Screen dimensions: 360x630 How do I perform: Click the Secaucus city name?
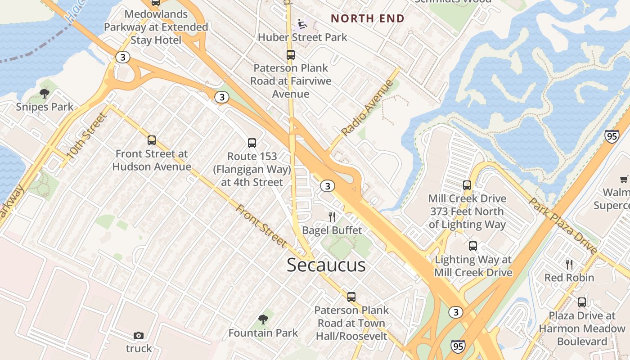pos(326,265)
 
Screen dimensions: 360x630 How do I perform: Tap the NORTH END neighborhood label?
pos(368,18)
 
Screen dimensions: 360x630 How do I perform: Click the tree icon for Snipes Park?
pos(44,94)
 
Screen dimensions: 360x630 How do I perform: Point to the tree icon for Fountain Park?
pos(263,319)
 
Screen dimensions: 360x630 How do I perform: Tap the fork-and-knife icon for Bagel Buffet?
pos(332,217)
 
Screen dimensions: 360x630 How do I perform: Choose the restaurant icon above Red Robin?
pos(569,264)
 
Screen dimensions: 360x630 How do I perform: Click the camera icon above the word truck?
pos(139,335)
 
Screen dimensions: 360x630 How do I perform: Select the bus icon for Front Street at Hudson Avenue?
pos(152,140)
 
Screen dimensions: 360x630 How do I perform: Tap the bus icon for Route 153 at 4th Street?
pos(252,143)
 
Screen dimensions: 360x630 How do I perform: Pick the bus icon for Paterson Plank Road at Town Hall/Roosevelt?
pos(351,297)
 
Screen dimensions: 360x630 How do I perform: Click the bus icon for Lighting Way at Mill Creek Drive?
pos(473,246)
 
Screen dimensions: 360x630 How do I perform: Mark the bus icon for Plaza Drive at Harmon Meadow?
pos(582,302)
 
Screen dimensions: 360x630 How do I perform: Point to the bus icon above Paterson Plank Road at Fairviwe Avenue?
pos(291,55)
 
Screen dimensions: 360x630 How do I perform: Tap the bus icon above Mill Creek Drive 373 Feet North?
pos(467,185)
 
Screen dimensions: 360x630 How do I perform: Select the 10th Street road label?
pos(86,136)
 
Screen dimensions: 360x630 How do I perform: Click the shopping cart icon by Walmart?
pos(624,180)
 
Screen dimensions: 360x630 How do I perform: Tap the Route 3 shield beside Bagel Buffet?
pos(328,186)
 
